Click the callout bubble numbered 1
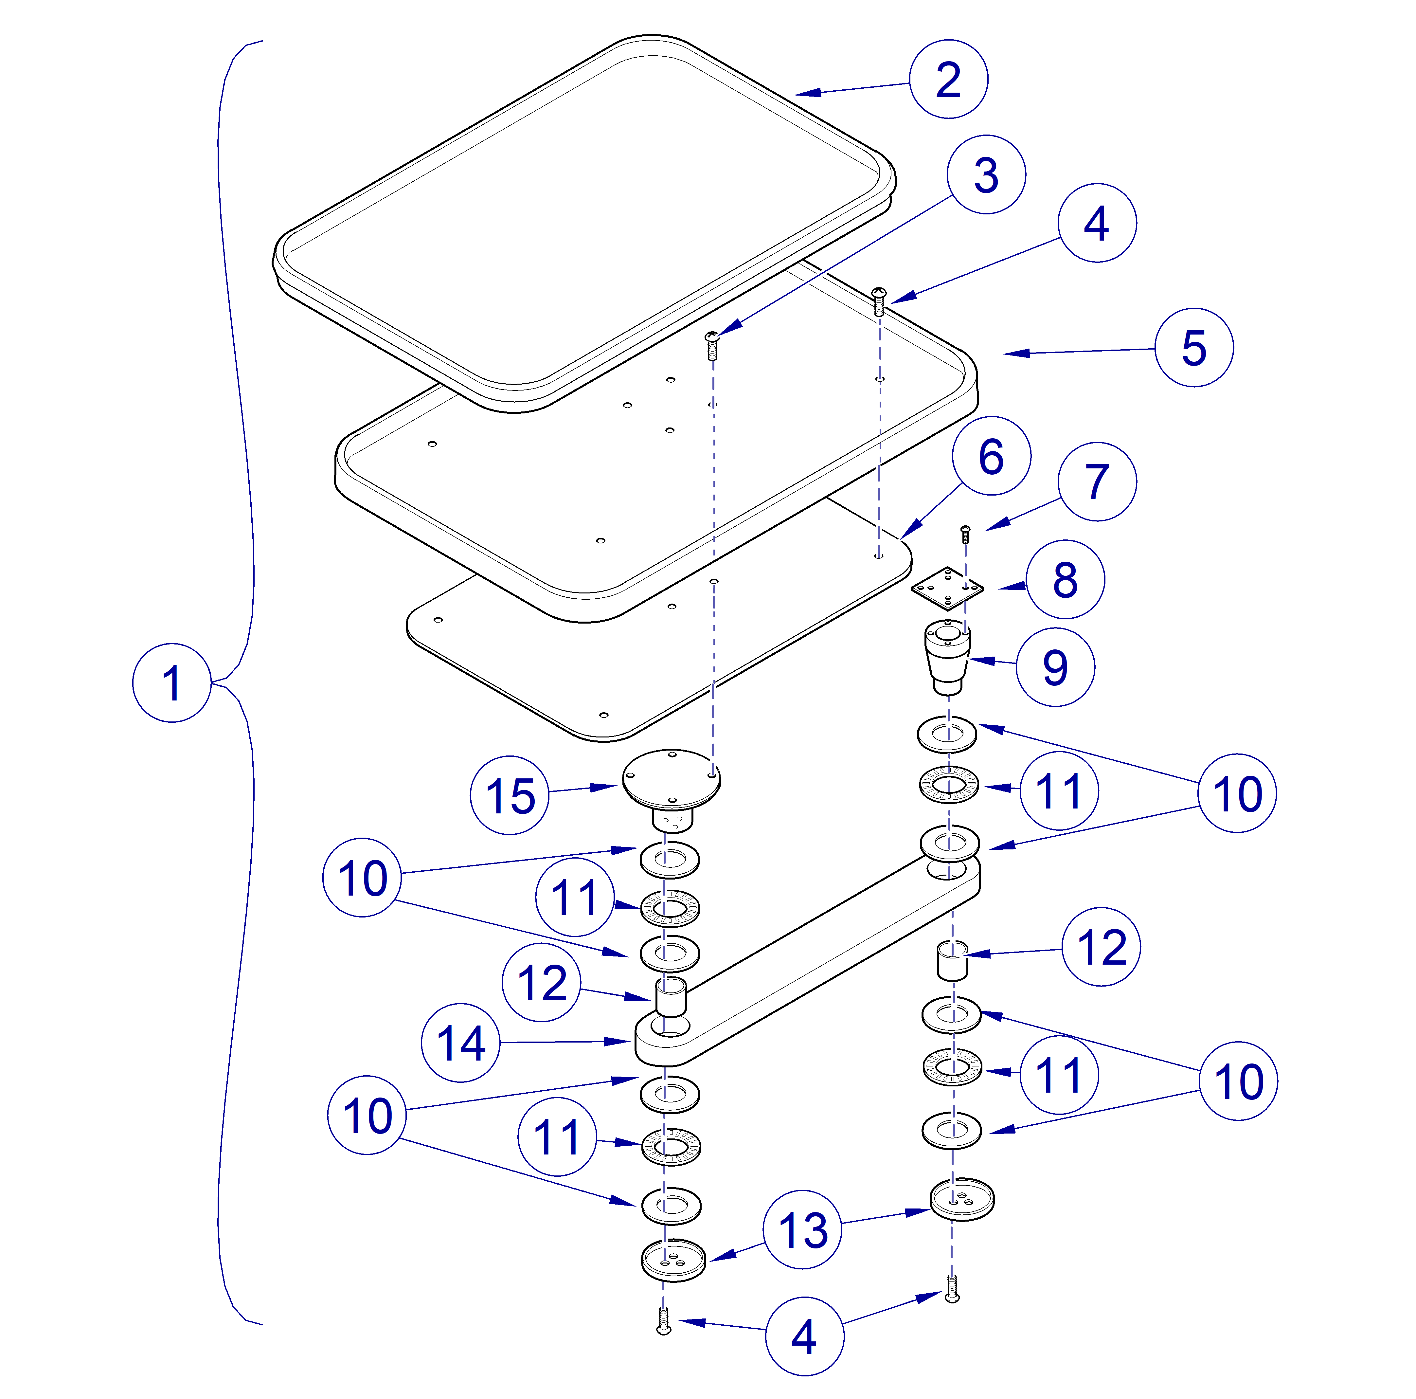pyautogui.click(x=171, y=682)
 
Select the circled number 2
pyautogui.click(x=948, y=79)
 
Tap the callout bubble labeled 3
pyautogui.click(x=986, y=174)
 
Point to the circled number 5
pyautogui.click(x=1194, y=348)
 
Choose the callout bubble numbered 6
pyautogui.click(x=991, y=456)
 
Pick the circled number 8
pyautogui.click(x=1065, y=579)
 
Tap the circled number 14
pyautogui.click(x=460, y=1043)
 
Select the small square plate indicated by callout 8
pyautogui.click(x=947, y=587)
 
